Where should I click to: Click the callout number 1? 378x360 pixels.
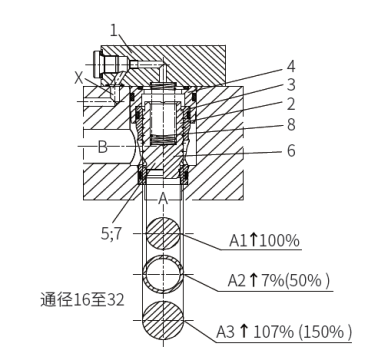[114, 31]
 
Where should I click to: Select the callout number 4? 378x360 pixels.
[291, 66]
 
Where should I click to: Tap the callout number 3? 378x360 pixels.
[291, 85]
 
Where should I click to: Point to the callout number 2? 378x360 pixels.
[291, 104]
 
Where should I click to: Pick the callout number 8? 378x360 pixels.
[291, 125]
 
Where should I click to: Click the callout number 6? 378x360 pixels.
[291, 150]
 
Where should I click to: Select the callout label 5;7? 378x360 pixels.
[112, 234]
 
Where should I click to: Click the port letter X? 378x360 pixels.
[78, 78]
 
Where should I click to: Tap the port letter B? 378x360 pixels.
[103, 147]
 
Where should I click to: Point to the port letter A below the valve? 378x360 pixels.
[163, 199]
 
